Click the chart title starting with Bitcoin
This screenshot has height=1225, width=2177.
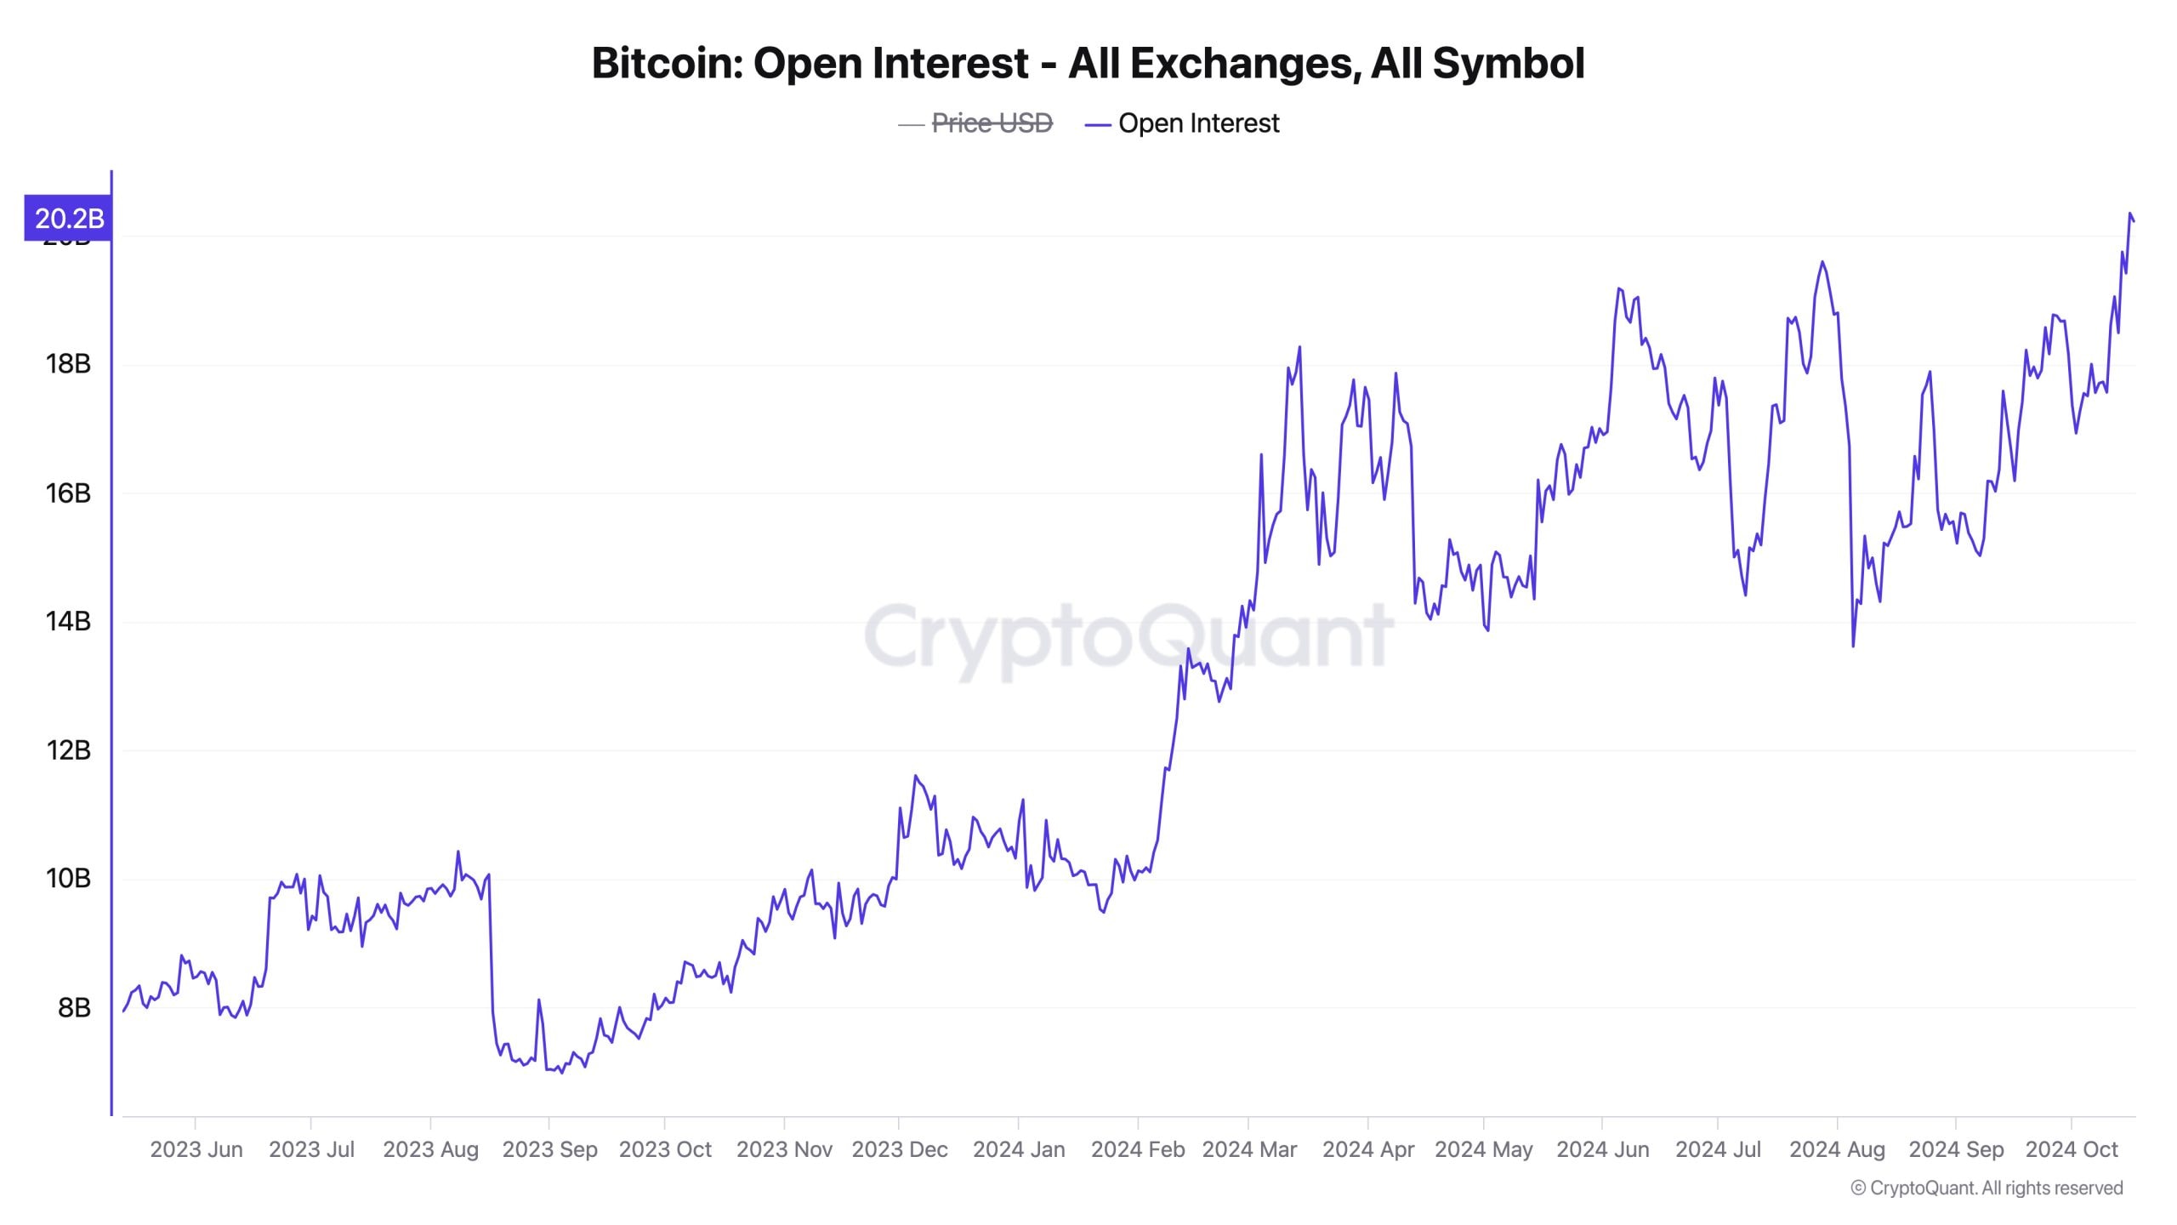[1088, 63]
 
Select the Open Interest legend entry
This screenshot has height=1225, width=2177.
[1197, 123]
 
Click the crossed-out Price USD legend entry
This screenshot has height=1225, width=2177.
[992, 123]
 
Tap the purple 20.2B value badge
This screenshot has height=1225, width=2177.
[68, 219]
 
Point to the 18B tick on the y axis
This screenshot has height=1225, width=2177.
[68, 364]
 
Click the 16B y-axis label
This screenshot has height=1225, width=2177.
[68, 493]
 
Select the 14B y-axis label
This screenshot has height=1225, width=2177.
[68, 622]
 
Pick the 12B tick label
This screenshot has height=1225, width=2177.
[68, 750]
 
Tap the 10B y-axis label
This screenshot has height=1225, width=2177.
[68, 879]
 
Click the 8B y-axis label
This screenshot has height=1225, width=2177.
[74, 1008]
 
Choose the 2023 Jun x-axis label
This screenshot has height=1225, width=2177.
[196, 1149]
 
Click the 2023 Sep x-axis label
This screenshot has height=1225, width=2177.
[549, 1149]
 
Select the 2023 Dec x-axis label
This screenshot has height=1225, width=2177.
[900, 1149]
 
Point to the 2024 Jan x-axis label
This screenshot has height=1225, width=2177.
[1019, 1149]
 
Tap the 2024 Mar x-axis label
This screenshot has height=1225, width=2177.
[1249, 1149]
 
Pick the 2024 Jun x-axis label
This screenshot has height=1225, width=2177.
[1602, 1149]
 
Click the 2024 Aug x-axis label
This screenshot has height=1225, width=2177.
[1837, 1149]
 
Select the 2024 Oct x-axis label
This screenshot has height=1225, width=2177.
[2072, 1149]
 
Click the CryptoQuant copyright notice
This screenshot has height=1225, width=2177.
[1987, 1188]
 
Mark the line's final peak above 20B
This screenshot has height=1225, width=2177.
[2130, 214]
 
